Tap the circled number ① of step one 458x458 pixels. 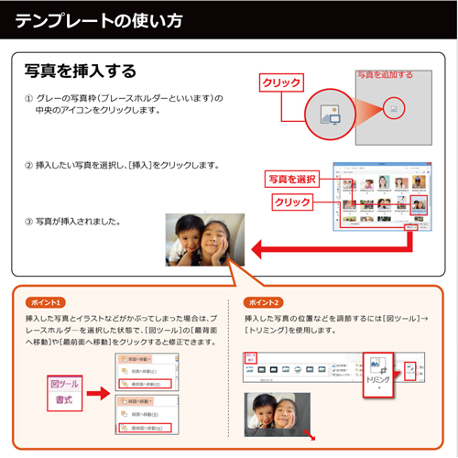(x=30, y=97)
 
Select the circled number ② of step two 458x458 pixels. (x=30, y=165)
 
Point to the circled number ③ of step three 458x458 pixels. (x=30, y=221)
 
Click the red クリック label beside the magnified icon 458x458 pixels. (x=282, y=82)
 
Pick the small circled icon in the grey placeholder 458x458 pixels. (x=393, y=108)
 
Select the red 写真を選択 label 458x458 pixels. (x=291, y=178)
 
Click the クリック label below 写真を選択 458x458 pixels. (x=291, y=202)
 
